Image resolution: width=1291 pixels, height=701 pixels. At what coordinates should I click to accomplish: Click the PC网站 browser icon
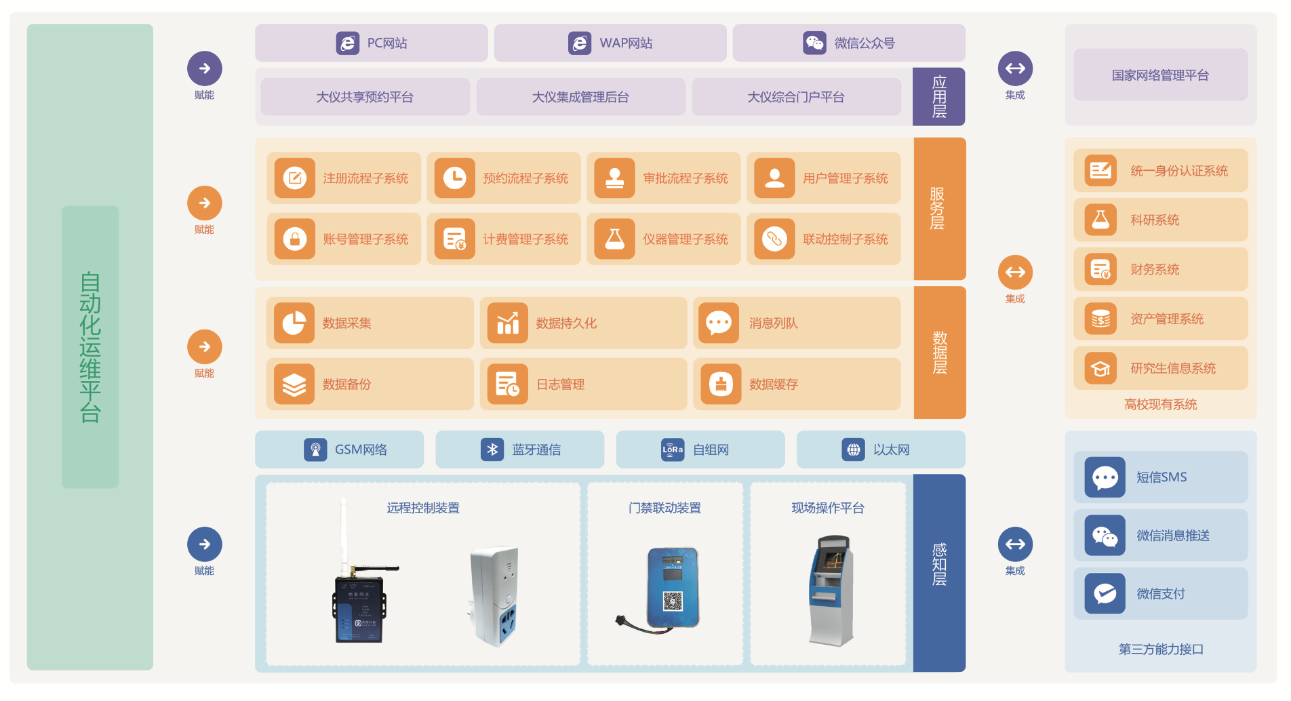[348, 43]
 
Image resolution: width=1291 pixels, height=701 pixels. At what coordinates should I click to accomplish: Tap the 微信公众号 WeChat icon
[814, 43]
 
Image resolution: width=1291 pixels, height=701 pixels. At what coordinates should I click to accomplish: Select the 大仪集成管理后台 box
[580, 97]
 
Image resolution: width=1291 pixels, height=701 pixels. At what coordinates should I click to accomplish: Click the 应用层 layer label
[939, 97]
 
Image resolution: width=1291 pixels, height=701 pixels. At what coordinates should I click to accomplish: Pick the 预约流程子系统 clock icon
[454, 178]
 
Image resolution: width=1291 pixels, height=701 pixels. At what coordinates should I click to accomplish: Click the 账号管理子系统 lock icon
[295, 239]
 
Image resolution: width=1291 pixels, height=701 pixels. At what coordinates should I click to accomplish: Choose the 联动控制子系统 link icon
[774, 239]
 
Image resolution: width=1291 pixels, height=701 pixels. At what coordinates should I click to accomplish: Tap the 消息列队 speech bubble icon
[719, 323]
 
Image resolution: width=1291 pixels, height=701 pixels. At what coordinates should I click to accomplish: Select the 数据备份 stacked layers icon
[294, 384]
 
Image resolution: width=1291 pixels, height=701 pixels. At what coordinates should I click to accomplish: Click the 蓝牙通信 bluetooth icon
[492, 449]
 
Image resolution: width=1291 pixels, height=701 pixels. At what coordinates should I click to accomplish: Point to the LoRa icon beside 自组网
[673, 449]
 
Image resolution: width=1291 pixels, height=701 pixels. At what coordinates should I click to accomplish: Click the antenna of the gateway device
[344, 536]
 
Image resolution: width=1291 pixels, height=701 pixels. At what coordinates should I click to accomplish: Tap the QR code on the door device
[672, 601]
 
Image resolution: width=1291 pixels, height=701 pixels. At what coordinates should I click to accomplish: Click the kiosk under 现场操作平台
[831, 590]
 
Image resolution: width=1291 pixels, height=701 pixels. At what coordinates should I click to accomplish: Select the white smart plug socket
[495, 595]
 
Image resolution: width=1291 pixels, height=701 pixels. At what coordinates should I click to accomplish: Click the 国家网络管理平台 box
[1160, 75]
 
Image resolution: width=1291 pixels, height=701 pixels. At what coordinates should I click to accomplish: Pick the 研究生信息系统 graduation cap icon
[1100, 369]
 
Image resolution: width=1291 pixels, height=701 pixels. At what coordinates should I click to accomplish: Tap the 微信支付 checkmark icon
[1105, 594]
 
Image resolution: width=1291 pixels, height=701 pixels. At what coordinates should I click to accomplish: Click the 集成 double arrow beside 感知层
[1015, 544]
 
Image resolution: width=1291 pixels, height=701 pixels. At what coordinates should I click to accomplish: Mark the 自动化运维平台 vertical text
[90, 347]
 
